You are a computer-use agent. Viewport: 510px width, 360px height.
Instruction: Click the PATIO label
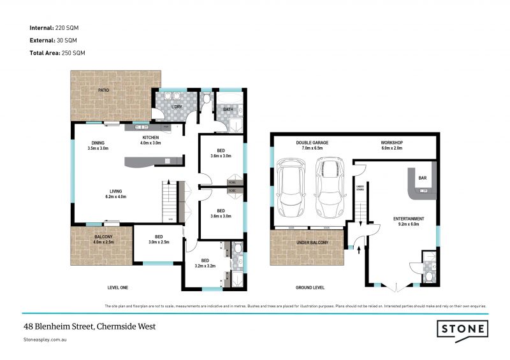point(103,90)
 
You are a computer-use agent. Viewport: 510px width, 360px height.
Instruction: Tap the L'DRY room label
point(178,106)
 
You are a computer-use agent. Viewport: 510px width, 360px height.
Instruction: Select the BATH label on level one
point(229,110)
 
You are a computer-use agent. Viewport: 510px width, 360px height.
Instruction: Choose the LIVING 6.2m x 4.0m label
point(115,194)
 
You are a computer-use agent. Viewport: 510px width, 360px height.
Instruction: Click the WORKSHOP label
point(392,145)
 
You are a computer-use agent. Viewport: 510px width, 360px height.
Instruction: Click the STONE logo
point(462,329)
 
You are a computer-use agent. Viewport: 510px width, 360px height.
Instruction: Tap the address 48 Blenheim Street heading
point(89,326)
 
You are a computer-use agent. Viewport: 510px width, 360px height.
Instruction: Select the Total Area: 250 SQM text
point(57,52)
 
